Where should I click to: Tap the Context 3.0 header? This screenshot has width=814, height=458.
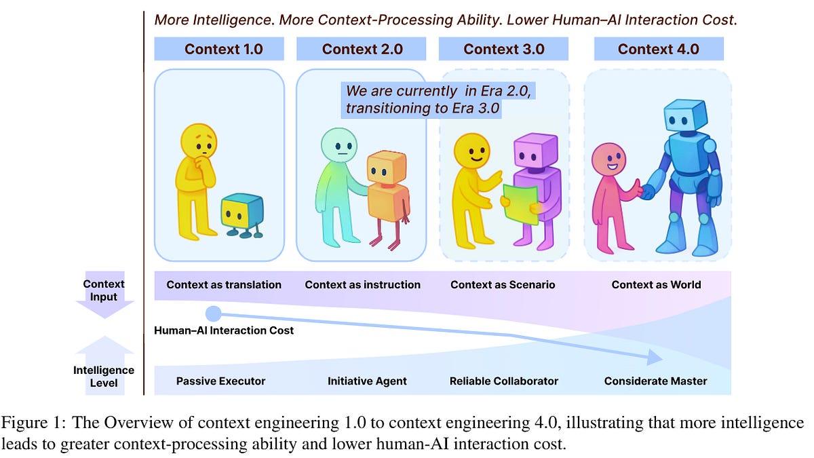point(503,49)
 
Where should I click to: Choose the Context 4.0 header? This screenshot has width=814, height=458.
point(658,49)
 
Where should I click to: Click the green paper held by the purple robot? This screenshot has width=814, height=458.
point(520,204)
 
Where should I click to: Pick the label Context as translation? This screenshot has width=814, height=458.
point(224,285)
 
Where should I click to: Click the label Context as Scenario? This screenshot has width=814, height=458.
point(503,285)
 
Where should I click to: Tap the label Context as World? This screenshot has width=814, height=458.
point(656,285)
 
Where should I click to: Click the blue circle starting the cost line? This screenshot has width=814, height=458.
point(213,313)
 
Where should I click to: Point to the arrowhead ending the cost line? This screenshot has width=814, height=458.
point(654,357)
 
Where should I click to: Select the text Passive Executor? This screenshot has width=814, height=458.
point(220,381)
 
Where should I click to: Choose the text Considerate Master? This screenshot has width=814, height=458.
point(655,381)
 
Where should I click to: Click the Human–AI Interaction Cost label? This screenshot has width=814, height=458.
point(224,330)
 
